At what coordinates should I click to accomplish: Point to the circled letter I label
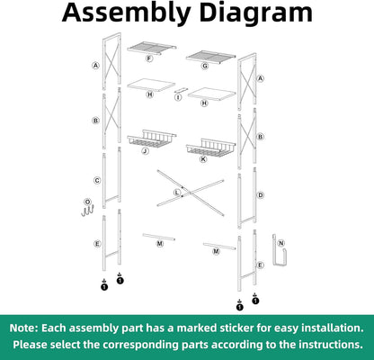click(x=177, y=97)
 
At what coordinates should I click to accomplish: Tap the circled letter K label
click(x=202, y=159)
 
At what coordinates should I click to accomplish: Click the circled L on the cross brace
click(x=177, y=193)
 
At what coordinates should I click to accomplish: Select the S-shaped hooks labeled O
click(x=87, y=211)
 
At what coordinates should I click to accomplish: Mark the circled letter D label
click(x=261, y=194)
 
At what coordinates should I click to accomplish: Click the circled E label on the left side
click(x=96, y=244)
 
